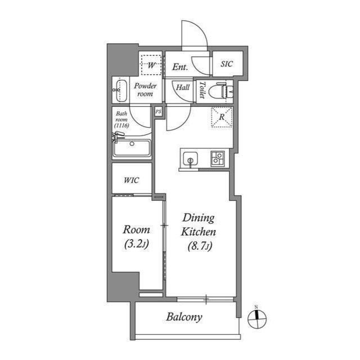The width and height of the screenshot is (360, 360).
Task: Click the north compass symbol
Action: click(257, 319)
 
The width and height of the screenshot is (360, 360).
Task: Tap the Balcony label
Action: click(184, 317)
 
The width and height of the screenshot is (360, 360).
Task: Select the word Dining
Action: click(199, 218)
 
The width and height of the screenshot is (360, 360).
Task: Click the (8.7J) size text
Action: click(200, 246)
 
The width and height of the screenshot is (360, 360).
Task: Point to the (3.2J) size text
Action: click(137, 244)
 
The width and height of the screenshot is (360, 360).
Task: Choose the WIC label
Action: click(131, 180)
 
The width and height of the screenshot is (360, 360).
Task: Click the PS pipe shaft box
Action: click(159, 112)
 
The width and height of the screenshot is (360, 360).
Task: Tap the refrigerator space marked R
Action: click(222, 116)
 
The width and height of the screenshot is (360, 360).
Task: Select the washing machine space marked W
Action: click(151, 65)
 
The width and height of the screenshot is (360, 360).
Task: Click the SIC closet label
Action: click(227, 64)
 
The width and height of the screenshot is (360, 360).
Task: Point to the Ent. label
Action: click(180, 67)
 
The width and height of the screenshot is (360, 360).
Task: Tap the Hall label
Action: click(183, 87)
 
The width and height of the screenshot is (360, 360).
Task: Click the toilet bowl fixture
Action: click(220, 91)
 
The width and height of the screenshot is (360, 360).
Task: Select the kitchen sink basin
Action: click(190, 159)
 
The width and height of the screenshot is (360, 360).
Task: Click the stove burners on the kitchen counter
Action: click(217, 159)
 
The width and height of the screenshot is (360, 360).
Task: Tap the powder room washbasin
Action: click(121, 91)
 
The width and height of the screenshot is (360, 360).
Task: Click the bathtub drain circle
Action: click(132, 144)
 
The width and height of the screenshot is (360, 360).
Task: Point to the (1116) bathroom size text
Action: click(121, 125)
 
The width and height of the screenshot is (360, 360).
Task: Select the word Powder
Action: click(145, 86)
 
